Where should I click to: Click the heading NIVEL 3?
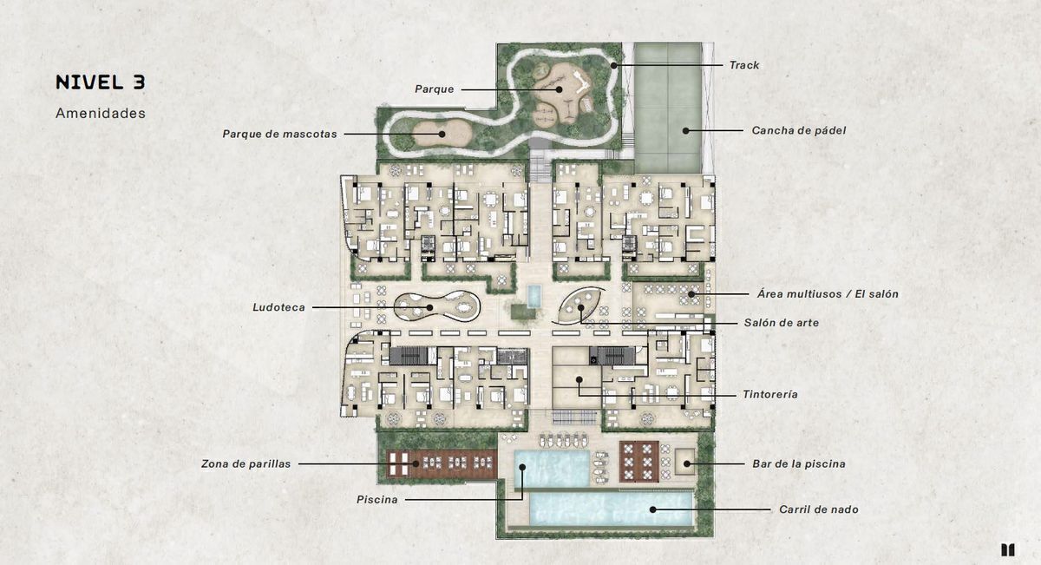point(101,82)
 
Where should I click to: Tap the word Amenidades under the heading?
point(101,113)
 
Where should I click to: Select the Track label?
point(744,65)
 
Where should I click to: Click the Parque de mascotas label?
point(279,134)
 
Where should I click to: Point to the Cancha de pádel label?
point(799,131)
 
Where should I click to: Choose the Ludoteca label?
point(278,307)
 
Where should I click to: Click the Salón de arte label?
point(782,323)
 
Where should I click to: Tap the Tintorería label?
point(770,394)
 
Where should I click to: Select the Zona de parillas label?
point(246,463)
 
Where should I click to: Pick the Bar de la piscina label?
point(799,463)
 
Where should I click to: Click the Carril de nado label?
point(818,509)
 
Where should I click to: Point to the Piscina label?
point(376,499)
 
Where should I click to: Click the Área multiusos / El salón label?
point(828,294)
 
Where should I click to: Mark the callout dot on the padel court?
point(685,131)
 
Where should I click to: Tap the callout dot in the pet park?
point(442,134)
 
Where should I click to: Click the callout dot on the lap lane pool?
point(652,509)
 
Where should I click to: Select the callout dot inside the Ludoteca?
point(430,307)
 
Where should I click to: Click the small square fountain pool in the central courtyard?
point(534,296)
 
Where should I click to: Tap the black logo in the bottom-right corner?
point(1007,549)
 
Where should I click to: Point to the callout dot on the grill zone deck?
point(416,463)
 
